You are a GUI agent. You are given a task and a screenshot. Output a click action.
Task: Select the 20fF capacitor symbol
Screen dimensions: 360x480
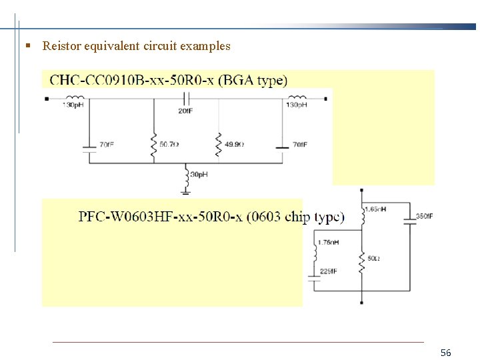[x=186, y=99]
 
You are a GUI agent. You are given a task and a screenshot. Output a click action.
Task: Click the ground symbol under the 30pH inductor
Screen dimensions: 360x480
[x=186, y=191]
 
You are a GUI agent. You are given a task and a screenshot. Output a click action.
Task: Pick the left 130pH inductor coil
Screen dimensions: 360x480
[x=74, y=97]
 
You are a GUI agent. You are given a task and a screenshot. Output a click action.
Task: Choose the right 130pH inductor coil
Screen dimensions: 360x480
[x=296, y=97]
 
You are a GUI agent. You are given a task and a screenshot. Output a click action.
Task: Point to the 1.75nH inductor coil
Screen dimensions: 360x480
[x=315, y=253]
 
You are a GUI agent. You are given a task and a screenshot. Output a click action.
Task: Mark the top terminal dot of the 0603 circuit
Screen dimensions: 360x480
[x=361, y=190]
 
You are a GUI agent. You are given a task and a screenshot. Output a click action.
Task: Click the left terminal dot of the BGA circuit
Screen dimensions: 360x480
[x=46, y=99]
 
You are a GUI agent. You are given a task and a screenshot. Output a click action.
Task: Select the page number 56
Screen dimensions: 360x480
[x=446, y=352]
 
